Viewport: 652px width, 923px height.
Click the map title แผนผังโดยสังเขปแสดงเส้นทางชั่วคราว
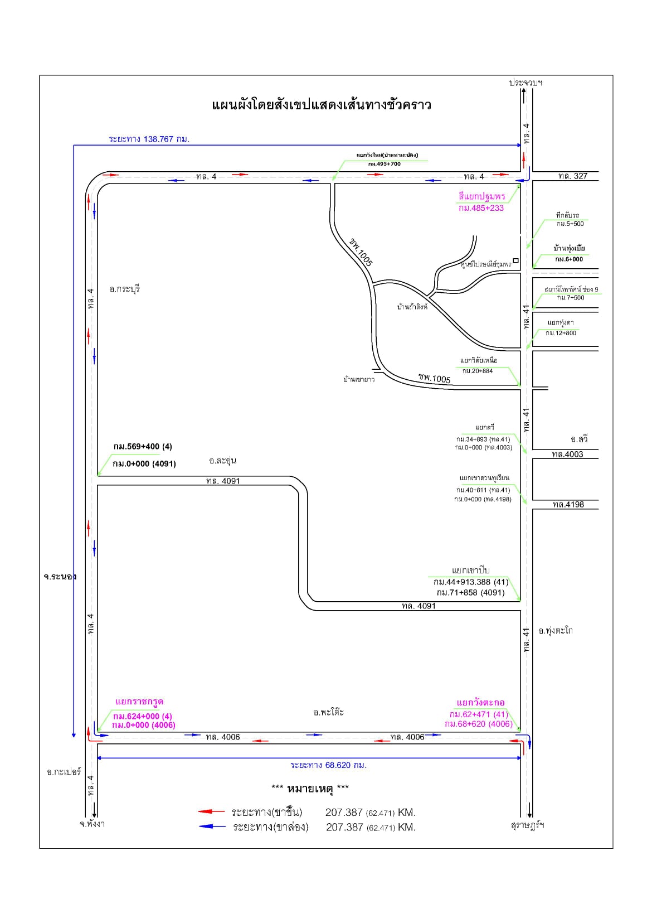click(322, 105)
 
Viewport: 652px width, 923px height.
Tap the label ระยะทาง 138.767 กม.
click(149, 139)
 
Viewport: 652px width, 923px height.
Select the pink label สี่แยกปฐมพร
click(481, 197)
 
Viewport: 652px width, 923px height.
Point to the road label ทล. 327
click(573, 176)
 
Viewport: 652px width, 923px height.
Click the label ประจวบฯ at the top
click(526, 83)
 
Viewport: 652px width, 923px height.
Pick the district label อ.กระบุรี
click(125, 289)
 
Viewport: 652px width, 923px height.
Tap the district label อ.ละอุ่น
click(223, 461)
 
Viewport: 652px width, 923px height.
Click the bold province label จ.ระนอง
click(60, 577)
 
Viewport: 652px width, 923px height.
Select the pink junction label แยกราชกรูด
click(139, 702)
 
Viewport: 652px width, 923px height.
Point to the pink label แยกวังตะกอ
click(480, 703)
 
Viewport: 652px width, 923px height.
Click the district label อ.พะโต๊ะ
click(328, 712)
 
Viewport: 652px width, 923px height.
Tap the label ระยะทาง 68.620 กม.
click(328, 765)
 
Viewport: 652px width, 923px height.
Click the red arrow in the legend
click(212, 812)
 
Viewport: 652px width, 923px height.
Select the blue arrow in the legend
click(212, 827)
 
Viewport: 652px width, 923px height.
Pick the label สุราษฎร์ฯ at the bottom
click(527, 825)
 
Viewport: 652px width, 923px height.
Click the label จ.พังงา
click(92, 823)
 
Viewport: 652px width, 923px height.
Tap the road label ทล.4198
click(568, 504)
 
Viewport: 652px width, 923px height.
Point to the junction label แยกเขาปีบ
click(470, 571)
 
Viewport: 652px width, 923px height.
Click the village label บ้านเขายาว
click(359, 380)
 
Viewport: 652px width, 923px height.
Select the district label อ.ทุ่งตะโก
click(556, 631)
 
